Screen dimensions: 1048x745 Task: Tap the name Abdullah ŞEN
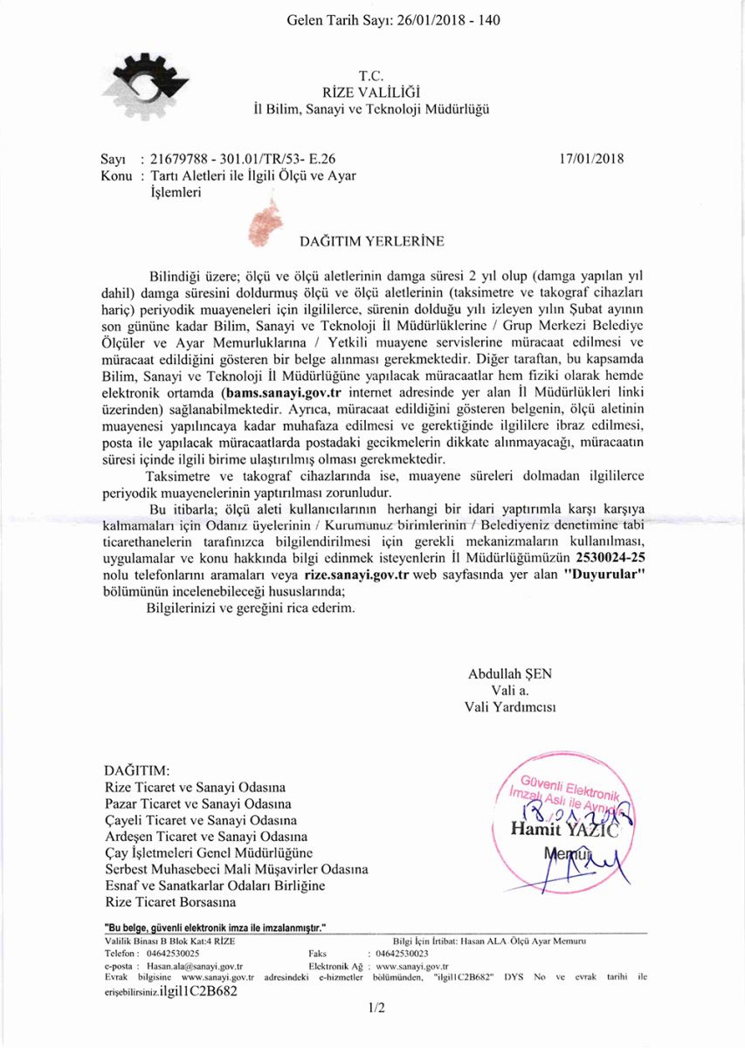pyautogui.click(x=510, y=673)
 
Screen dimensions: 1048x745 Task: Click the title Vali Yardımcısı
pyautogui.click(x=510, y=706)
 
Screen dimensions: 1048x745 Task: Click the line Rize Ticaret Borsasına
pyautogui.click(x=170, y=901)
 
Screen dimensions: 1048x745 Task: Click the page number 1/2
pyautogui.click(x=376, y=1008)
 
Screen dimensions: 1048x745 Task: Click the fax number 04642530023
pyautogui.click(x=410, y=955)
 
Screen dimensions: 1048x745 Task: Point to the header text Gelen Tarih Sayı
pyautogui.click(x=341, y=19)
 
